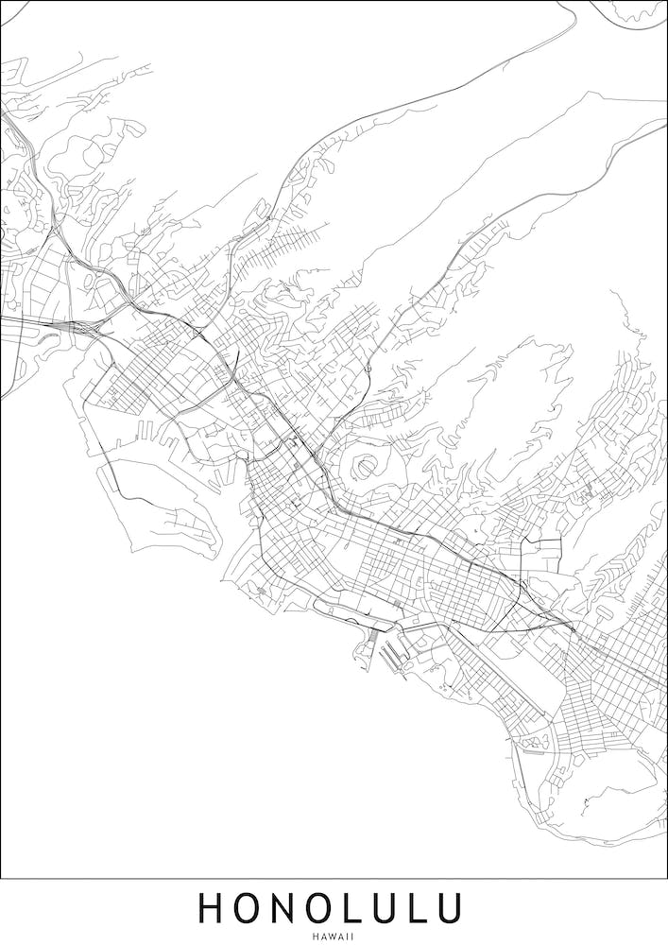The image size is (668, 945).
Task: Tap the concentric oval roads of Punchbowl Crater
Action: point(366,464)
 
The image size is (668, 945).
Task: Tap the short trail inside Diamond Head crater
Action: point(587,803)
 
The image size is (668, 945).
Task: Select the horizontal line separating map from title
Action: point(334,879)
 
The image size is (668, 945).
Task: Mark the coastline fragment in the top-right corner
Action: point(633,11)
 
